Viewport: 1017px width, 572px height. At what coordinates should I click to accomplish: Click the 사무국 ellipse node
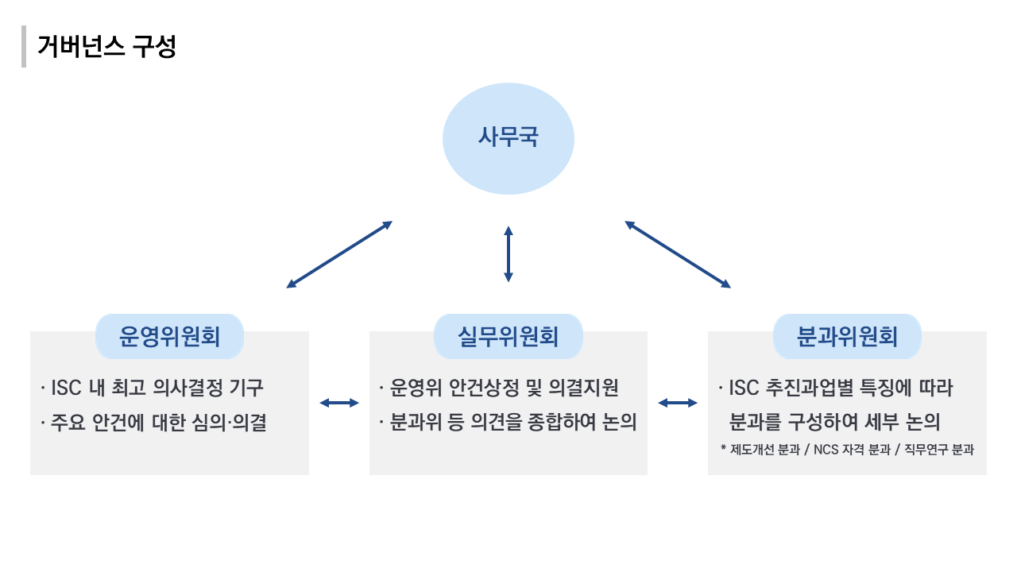click(x=508, y=138)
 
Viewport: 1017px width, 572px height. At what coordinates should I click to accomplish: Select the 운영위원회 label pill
click(x=169, y=337)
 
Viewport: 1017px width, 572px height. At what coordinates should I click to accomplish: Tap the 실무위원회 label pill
click(x=508, y=337)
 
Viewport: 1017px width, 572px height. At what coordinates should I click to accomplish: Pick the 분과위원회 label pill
click(x=847, y=337)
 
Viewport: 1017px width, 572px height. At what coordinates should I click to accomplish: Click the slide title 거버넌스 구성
click(x=106, y=47)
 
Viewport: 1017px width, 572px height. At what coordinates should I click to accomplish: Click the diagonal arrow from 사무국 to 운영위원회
click(x=339, y=254)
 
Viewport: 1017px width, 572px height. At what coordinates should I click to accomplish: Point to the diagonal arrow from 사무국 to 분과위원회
click(x=678, y=254)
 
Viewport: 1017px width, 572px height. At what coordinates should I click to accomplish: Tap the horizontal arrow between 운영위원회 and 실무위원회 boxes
click(x=339, y=403)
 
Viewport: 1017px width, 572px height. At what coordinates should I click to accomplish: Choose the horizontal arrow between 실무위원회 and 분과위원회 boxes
click(x=678, y=403)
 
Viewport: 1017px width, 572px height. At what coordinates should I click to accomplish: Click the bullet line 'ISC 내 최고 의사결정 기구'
click(x=156, y=388)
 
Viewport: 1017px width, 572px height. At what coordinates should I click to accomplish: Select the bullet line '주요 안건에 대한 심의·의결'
click(x=157, y=422)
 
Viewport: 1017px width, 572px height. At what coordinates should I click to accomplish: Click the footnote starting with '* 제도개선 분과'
click(x=847, y=450)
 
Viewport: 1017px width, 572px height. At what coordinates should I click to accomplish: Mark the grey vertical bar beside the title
click(x=24, y=47)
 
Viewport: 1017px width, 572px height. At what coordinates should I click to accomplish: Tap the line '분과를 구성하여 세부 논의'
click(x=834, y=422)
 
